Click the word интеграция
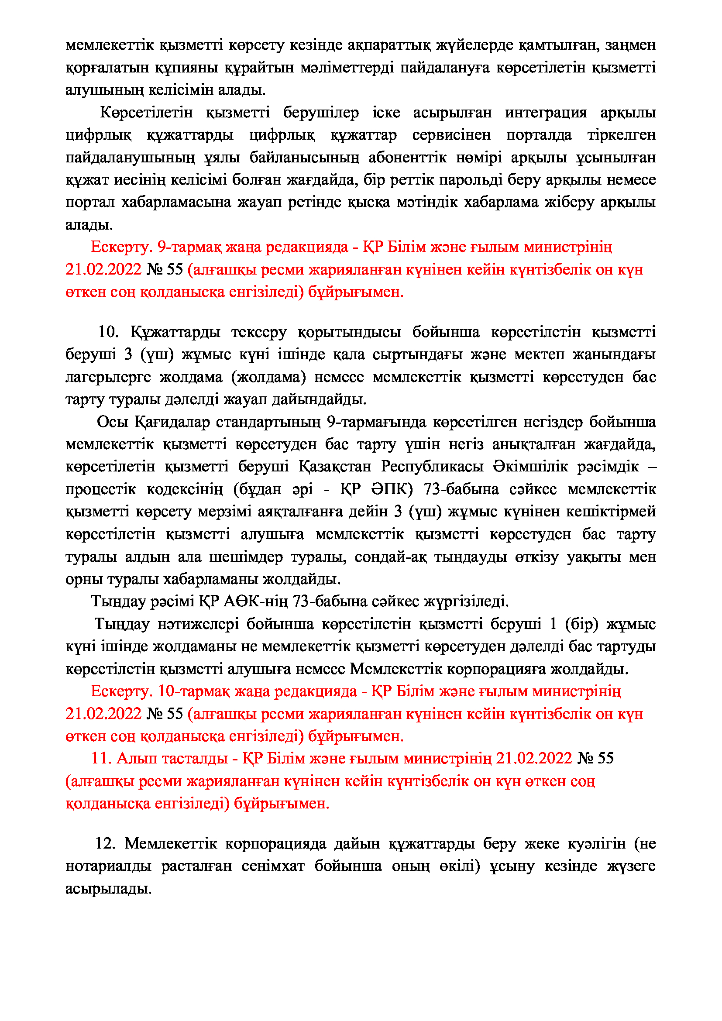(546, 113)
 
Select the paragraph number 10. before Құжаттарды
(108, 332)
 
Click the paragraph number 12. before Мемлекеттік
(105, 843)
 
